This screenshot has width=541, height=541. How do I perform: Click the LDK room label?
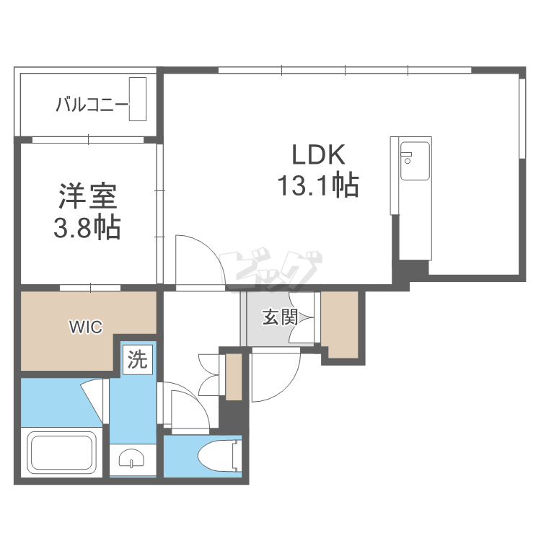tap(319, 155)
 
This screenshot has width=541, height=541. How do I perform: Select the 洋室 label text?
tap(87, 196)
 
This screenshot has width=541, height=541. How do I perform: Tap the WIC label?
tap(85, 327)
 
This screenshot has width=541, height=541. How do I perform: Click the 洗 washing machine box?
tap(137, 359)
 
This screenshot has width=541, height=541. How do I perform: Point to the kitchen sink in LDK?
tap(414, 162)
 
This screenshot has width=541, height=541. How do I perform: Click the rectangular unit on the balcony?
tap(138, 99)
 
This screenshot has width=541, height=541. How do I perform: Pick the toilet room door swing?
tap(189, 408)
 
